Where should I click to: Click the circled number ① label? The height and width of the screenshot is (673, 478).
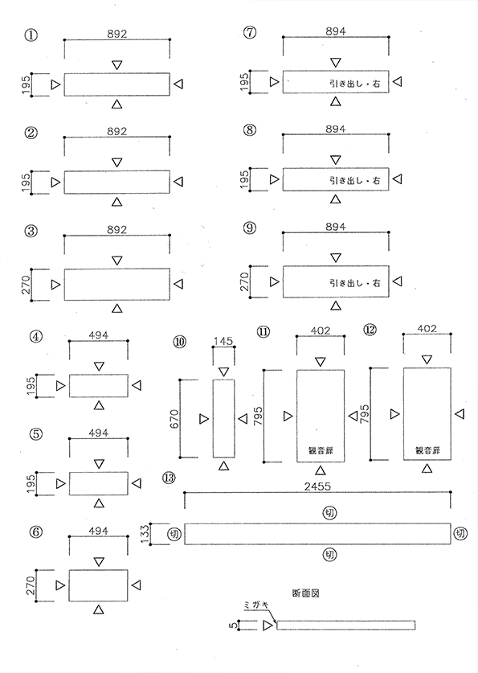coord(31,35)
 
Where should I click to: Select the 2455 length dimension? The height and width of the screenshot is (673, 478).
coord(317,486)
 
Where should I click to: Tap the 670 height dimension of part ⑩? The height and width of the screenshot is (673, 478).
coord(174,419)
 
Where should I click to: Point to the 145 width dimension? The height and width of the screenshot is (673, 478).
coord(223,341)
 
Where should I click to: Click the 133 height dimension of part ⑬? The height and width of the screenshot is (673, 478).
coord(145,534)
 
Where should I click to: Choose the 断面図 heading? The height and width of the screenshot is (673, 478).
coord(305,593)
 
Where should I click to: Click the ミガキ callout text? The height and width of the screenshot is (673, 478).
coord(255,605)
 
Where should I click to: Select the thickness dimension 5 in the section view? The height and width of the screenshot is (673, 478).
coord(233,626)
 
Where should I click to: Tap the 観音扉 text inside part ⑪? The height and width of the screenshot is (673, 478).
coord(321,450)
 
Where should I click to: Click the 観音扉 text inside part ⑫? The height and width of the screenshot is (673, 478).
coord(427,450)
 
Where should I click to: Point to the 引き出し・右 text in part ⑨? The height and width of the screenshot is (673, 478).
coord(354,283)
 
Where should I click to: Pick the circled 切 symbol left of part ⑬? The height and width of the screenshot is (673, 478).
coord(174,534)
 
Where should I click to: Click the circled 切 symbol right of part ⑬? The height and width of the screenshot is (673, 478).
coord(461,534)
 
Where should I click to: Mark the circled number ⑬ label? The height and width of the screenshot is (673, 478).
coord(169,478)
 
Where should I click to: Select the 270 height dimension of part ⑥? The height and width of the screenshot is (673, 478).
coord(31,586)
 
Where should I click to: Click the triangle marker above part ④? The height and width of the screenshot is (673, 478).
coord(99,366)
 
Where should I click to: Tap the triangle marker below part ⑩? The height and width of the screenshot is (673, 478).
coord(223,466)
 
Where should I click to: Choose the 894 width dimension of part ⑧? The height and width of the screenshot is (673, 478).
coord(336,129)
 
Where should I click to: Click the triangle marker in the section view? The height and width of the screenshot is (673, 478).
coord(268,626)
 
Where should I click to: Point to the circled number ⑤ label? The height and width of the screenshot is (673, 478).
coord(36,434)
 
